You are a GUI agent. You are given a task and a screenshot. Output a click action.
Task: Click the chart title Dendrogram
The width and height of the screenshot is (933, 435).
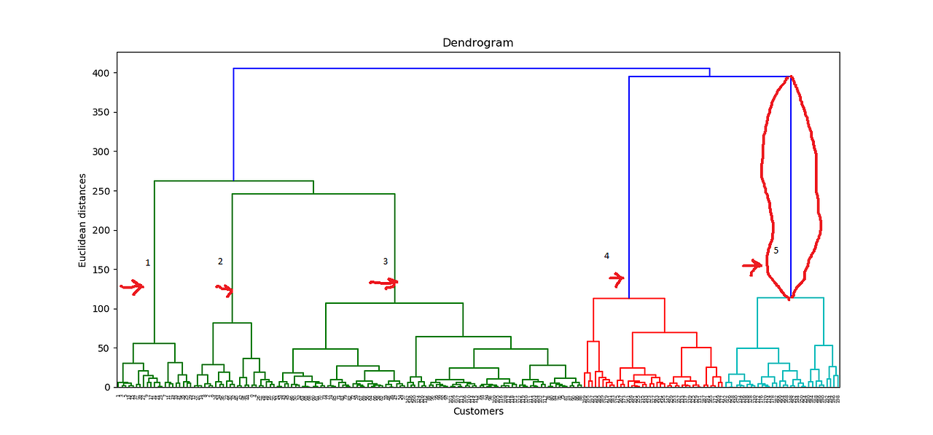click(477, 43)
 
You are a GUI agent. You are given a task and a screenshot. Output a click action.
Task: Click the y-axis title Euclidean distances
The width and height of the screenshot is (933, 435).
click(83, 220)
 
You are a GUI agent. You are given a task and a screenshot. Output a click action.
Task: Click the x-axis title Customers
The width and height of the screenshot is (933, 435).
click(477, 412)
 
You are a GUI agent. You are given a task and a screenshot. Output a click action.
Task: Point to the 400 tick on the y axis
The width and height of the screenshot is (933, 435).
click(101, 73)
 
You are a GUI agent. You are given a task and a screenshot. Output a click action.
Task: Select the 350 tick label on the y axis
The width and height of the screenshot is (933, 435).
click(101, 112)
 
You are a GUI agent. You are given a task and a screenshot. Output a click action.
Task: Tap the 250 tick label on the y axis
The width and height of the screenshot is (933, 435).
click(101, 191)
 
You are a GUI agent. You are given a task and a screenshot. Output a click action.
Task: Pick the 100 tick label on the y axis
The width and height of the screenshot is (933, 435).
click(101, 309)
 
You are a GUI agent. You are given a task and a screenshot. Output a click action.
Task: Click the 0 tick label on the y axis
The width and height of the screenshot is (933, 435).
click(106, 387)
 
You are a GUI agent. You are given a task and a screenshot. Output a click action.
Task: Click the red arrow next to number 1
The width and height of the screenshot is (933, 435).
click(133, 287)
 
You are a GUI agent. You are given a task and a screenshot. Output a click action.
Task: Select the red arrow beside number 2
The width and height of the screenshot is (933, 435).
click(225, 290)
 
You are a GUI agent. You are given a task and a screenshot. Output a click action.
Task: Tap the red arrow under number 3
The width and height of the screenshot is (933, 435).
click(383, 283)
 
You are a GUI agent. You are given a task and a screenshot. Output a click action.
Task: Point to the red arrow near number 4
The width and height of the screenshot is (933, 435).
click(617, 278)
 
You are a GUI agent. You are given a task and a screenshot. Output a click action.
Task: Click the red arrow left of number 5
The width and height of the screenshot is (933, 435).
click(752, 267)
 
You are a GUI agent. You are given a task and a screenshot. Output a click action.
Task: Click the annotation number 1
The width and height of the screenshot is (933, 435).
click(147, 263)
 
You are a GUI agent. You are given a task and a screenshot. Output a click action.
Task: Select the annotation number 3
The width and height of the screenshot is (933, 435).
click(385, 262)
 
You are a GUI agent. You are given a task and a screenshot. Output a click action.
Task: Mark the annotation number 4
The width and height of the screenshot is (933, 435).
click(606, 256)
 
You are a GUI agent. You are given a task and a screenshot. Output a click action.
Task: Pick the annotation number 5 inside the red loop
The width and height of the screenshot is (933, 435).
click(776, 251)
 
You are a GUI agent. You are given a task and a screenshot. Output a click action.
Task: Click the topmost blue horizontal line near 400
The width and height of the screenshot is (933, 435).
click(471, 68)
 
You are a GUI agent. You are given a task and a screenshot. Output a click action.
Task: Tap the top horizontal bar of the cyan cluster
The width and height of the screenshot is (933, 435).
click(790, 298)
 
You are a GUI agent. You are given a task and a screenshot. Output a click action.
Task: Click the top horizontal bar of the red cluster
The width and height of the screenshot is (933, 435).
click(628, 298)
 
